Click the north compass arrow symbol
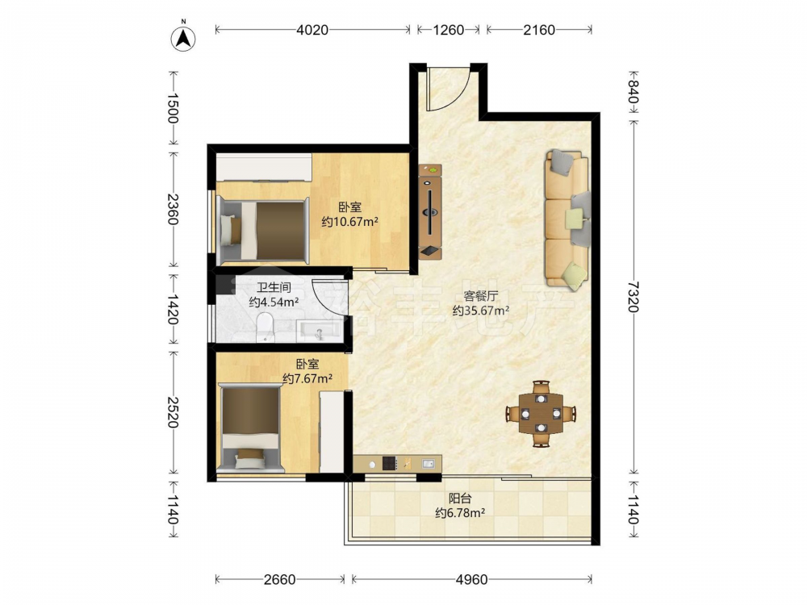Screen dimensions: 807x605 click(183, 37)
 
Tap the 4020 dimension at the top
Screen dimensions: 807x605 click(312, 30)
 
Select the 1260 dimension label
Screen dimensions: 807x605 click(448, 30)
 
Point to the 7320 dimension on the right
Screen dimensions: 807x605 click(633, 297)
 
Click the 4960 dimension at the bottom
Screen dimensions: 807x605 click(471, 580)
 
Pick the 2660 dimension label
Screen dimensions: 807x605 click(279, 580)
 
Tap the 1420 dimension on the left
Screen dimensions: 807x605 click(173, 309)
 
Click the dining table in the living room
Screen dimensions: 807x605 click(541, 414)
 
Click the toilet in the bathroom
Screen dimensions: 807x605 click(265, 328)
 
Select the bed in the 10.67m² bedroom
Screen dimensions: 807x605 click(262, 230)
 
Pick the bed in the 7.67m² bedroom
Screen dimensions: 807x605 click(251, 428)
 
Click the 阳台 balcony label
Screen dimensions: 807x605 click(460, 498)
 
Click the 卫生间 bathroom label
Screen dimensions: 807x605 click(274, 287)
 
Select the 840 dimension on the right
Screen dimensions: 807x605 click(633, 92)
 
